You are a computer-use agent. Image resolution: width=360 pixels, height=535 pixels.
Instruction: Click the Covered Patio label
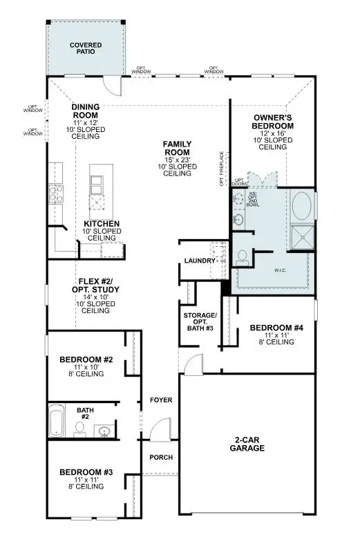pyautogui.click(x=85, y=48)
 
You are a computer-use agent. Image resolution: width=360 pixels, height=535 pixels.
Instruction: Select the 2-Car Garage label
pyautogui.click(x=245, y=443)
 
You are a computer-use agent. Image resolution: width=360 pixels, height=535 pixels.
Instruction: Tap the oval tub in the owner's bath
pyautogui.click(x=302, y=206)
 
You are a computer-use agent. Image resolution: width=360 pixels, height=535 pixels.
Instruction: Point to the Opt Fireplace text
pyautogui.click(x=222, y=169)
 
